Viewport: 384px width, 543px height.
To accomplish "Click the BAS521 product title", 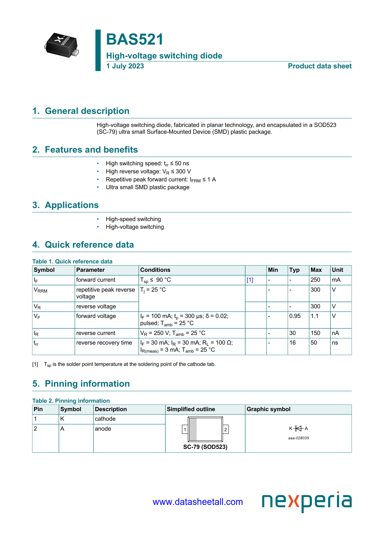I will (134, 40).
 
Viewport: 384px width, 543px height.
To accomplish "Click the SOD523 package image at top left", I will (62, 45).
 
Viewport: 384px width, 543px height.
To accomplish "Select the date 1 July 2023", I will (125, 66).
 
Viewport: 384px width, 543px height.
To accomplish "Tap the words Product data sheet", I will (320, 66).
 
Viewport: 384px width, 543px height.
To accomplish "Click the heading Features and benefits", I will (91, 150).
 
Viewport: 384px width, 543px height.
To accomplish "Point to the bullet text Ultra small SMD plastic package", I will (147, 187).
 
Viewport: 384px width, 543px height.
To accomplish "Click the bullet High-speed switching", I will (133, 219).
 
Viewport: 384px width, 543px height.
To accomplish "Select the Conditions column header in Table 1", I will (155, 270).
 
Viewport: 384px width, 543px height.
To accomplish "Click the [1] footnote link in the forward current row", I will (250, 280).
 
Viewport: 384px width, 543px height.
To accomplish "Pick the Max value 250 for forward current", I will (315, 280).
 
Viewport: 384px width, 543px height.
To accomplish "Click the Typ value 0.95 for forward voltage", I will (295, 316).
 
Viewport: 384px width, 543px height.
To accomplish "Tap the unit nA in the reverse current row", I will (335, 333).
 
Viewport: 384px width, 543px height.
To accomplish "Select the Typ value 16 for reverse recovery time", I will (292, 343).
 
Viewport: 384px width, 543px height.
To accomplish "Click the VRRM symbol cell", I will (41, 290).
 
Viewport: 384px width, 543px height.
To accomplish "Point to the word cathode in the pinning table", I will (105, 419).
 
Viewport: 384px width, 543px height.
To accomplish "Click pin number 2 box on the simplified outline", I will (225, 429).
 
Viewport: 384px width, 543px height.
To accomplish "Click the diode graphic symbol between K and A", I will (298, 428).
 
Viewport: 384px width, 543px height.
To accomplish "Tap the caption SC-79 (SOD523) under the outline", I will (205, 447).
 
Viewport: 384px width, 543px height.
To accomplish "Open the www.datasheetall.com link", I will (198, 502).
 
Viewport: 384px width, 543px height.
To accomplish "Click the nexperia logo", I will (307, 501).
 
